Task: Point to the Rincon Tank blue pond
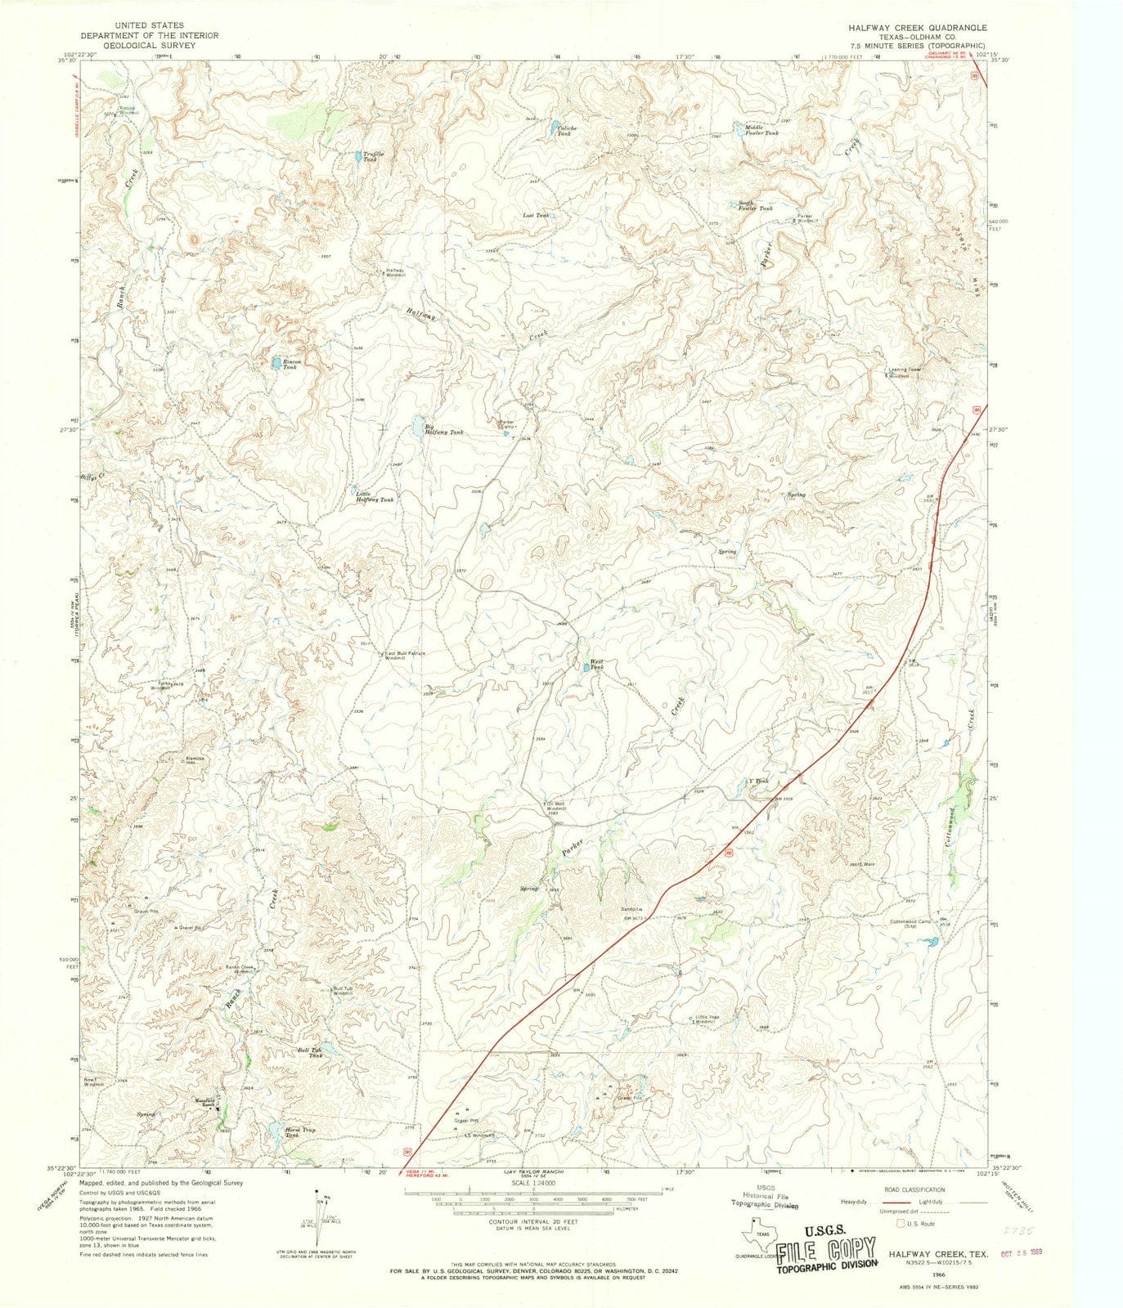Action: pos(276,362)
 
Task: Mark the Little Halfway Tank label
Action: pos(375,496)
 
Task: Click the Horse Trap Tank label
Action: pos(299,1132)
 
